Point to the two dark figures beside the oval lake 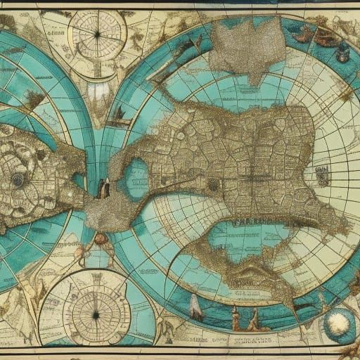pyautogui.click(x=103, y=187)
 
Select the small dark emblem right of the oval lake pyautogui.click(x=212, y=185)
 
